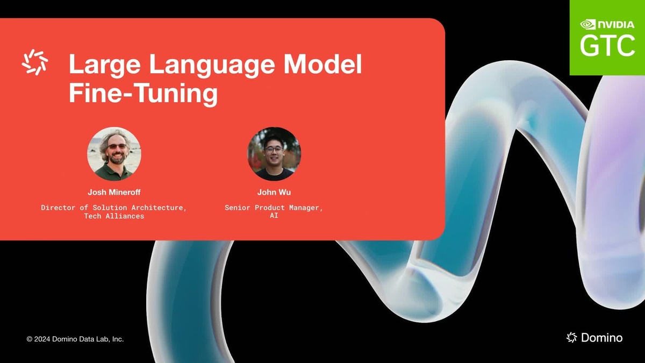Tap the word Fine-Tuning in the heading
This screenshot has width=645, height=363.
pos(143,93)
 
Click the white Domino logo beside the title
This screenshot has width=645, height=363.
pos(35,62)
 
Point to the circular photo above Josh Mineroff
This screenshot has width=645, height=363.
pos(114,154)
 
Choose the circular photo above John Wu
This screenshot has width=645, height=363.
pos(274,154)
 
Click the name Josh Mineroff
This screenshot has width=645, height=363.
pos(114,192)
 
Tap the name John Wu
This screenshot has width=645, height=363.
pos(274,192)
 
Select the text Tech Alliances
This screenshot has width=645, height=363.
pos(114,216)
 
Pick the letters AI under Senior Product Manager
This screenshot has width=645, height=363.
pos(274,216)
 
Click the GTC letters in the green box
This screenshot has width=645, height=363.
pos(607,46)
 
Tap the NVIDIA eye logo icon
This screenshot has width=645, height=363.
pos(588,24)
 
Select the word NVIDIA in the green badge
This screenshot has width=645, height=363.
pos(617,24)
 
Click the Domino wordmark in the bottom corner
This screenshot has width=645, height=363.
pos(601,338)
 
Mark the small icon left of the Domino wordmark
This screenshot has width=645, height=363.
pos(572,337)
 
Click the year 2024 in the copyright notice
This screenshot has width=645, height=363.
pos(42,339)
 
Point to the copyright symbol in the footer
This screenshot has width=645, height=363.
pos(30,339)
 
